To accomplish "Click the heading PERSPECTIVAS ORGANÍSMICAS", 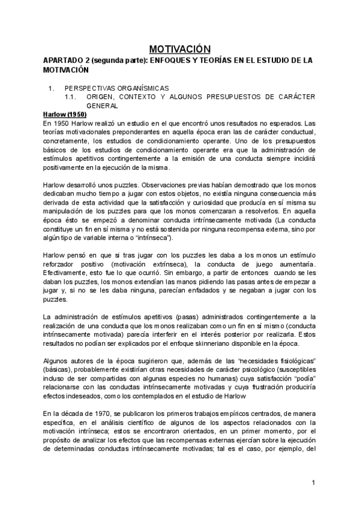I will point(117,88).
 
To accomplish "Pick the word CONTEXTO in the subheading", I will point(136,96).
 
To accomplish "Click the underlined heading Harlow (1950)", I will point(65,113).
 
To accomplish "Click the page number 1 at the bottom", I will point(313,483).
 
